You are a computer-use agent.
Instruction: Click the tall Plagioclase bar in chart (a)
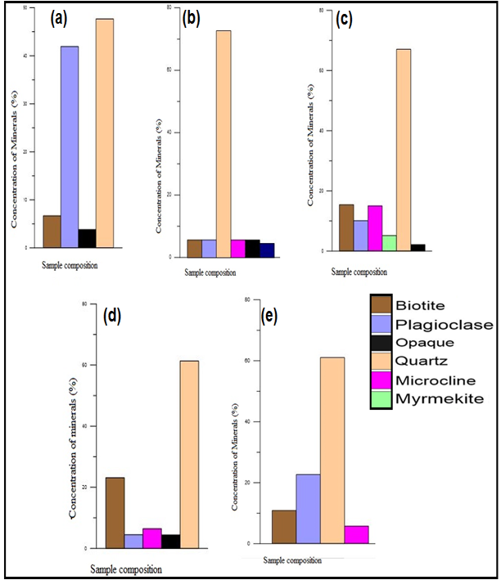(70, 147)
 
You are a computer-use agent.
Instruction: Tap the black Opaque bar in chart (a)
(87, 238)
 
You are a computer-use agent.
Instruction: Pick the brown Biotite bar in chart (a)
(52, 232)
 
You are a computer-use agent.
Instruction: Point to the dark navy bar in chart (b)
(267, 250)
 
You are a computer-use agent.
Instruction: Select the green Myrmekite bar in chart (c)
(390, 243)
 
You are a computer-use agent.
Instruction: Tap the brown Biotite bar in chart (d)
(115, 512)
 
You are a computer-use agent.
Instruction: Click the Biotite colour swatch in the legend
(381, 305)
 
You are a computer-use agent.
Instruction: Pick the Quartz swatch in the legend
(381, 361)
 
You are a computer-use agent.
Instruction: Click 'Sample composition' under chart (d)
(125, 569)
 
